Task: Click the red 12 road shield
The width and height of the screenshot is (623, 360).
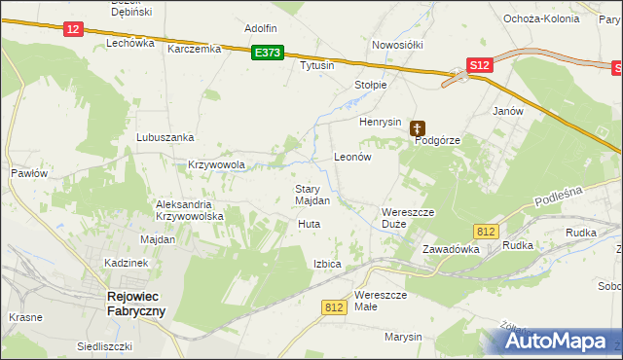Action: pyautogui.click(x=74, y=29)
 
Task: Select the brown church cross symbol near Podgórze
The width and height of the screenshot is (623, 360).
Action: pyautogui.click(x=418, y=127)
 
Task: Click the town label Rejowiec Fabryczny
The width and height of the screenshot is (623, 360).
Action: pyautogui.click(x=135, y=304)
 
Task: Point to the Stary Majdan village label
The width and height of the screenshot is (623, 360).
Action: pyautogui.click(x=312, y=195)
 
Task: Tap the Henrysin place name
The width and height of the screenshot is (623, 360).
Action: pyautogui.click(x=381, y=122)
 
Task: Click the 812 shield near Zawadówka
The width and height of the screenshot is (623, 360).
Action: pyautogui.click(x=488, y=231)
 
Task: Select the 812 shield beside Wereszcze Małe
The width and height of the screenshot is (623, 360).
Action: pyautogui.click(x=334, y=306)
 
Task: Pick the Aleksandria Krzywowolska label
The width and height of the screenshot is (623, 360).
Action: pyautogui.click(x=191, y=210)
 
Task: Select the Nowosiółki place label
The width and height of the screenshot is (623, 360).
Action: pyautogui.click(x=395, y=46)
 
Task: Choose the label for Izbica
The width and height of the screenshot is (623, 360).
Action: pyautogui.click(x=327, y=264)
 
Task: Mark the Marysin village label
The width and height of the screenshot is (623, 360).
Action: pyautogui.click(x=403, y=337)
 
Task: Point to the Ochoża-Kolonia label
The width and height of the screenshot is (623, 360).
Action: pyautogui.click(x=541, y=18)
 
